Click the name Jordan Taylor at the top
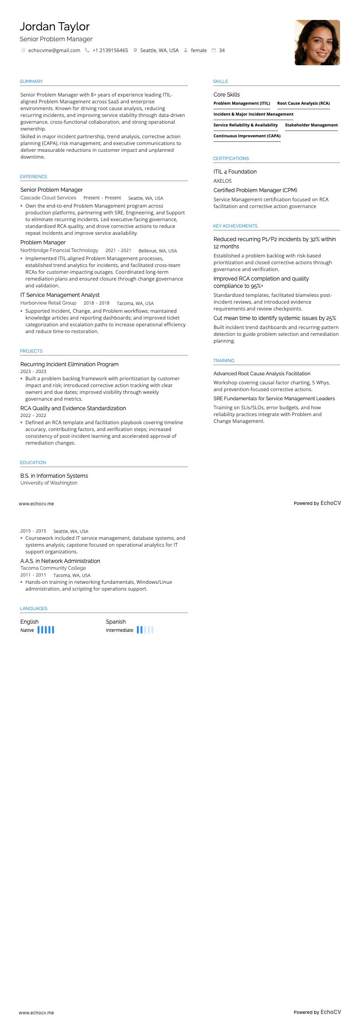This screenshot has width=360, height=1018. pos(54,27)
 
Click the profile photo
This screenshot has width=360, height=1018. pos(317,43)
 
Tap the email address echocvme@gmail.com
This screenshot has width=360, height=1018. pos(54,50)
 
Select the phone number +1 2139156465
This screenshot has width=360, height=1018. pos(110,50)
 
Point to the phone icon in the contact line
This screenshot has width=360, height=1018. pos(87,50)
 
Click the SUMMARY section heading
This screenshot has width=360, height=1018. pos(31,82)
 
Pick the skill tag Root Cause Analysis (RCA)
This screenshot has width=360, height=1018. pos(303,103)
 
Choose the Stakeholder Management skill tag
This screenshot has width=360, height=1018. pos(311,125)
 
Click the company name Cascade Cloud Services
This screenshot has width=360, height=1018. pos(48,198)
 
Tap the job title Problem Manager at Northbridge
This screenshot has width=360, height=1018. pos(43,242)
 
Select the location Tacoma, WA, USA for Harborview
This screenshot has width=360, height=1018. pos(135,303)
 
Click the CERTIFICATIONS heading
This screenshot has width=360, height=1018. pos(231,159)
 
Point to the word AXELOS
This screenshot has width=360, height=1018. pos(223,181)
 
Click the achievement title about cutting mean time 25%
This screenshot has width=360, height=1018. pos(274,318)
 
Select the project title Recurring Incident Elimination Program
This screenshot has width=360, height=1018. pos(69,364)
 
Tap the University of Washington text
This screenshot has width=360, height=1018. pos(49,483)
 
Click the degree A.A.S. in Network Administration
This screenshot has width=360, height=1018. pos(60,561)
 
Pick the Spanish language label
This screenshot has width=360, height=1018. pos(116,622)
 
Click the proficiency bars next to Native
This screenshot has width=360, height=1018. pos(46,630)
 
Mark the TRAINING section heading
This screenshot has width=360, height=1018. pos(224,361)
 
